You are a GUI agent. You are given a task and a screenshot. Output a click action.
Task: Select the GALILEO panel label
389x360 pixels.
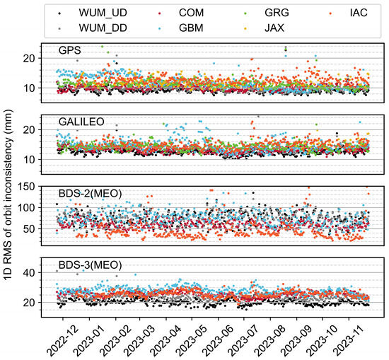coord(81,122)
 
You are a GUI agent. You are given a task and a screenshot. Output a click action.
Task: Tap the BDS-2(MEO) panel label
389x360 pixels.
coord(89,192)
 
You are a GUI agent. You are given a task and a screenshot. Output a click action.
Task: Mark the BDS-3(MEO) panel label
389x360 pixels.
coord(89,265)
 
